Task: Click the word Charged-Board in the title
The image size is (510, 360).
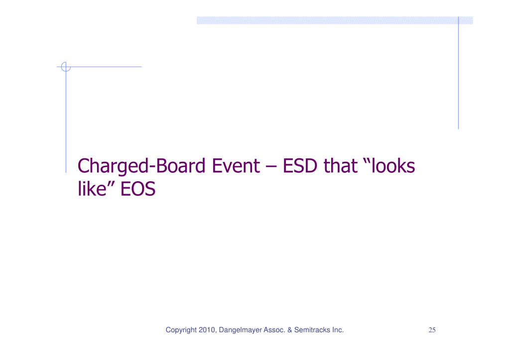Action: pos(141,166)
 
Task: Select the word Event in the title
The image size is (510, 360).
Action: pos(236,165)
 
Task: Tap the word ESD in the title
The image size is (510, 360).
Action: pos(299,165)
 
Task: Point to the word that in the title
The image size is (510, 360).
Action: pos(340,165)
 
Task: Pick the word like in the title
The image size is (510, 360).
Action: pos(92,188)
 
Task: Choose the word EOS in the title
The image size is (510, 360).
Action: pos(138,189)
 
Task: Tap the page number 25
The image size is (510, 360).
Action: pos(432,330)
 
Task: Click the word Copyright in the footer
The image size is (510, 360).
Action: pos(181,330)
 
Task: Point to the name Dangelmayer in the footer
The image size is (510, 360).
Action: pos(241,330)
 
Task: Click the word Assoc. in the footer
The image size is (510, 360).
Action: pos(274,330)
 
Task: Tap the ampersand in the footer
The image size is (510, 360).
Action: pos(290,330)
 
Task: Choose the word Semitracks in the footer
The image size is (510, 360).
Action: pos(312,330)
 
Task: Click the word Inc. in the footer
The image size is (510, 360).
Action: pos(338,330)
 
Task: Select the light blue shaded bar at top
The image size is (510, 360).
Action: pos(335,20)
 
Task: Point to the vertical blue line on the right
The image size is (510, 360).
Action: pos(458,73)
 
